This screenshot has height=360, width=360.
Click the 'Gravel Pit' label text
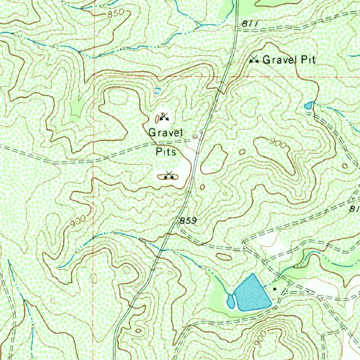(289, 60)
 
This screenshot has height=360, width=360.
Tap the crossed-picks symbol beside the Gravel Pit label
(254, 60)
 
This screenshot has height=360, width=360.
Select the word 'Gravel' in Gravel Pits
(166, 133)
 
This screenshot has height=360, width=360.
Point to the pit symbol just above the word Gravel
(163, 117)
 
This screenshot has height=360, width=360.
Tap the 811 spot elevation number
(250, 24)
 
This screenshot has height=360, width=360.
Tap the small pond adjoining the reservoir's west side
(231, 301)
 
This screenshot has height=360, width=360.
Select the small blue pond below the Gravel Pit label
(308, 105)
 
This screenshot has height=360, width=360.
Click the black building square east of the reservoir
(275, 289)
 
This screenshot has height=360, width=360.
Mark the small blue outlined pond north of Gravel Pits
(157, 90)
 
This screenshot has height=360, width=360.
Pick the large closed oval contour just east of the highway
(213, 159)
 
